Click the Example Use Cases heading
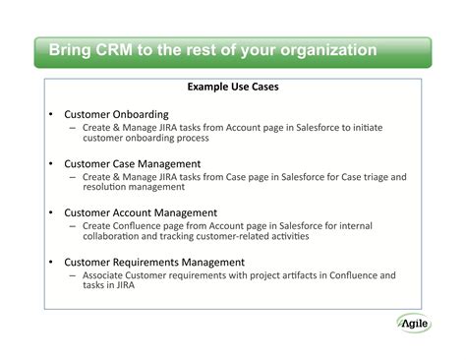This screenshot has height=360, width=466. point(233,87)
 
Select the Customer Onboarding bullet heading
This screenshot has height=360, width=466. point(116,114)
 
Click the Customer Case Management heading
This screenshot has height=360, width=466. point(133,163)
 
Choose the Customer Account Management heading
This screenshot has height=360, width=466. point(141,212)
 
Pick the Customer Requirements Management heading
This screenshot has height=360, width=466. point(154,262)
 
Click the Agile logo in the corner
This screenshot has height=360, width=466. point(421,322)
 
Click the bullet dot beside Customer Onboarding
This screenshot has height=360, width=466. point(50,114)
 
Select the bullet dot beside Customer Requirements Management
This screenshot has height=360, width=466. point(50,262)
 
